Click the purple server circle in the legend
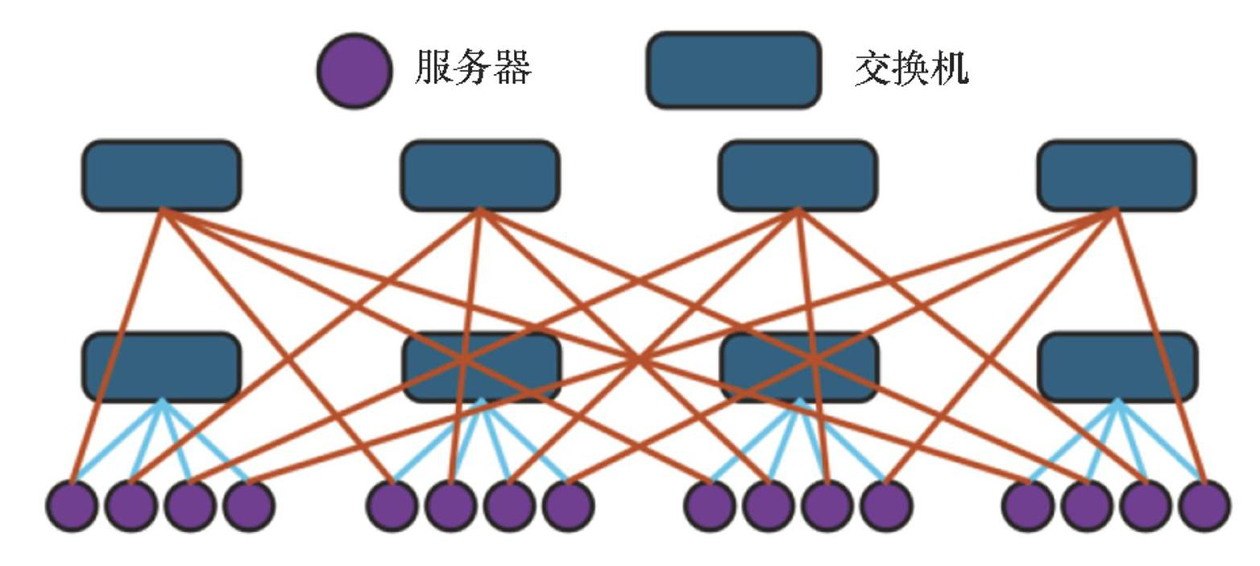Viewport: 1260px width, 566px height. [354, 70]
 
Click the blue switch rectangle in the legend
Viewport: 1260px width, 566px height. [733, 70]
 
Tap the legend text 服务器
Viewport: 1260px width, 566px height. [473, 67]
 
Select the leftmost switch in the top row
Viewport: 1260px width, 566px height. [161, 175]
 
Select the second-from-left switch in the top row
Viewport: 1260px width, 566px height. [480, 175]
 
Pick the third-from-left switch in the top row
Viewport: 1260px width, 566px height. [798, 175]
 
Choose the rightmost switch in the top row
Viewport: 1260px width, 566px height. [1117, 175]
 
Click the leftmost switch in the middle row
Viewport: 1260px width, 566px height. [161, 367]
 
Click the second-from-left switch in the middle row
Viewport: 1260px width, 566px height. [481, 367]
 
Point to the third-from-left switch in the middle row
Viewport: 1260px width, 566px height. [798, 367]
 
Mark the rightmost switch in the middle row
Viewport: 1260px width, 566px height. [1117, 367]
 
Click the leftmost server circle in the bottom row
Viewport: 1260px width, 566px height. [73, 506]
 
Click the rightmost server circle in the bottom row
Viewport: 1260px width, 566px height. [1204, 506]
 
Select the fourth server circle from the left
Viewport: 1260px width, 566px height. [249, 506]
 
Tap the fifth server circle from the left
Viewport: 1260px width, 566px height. [392, 506]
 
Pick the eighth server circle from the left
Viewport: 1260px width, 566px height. [568, 506]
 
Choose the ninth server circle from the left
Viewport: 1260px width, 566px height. [710, 506]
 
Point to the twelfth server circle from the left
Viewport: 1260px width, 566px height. [886, 506]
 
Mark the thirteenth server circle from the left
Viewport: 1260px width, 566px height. [1028, 506]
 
